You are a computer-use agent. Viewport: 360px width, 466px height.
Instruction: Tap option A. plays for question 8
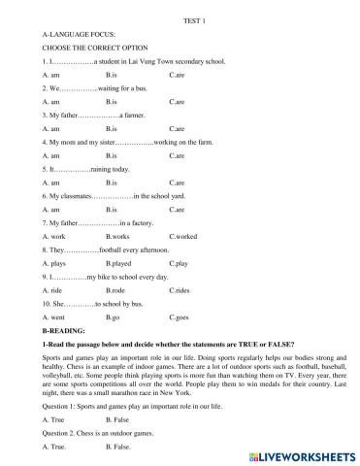(x=55, y=263)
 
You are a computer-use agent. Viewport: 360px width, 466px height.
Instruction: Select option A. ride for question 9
(x=53, y=290)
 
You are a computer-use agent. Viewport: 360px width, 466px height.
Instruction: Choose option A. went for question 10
(x=54, y=317)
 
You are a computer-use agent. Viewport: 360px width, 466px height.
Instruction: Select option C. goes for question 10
(x=180, y=317)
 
